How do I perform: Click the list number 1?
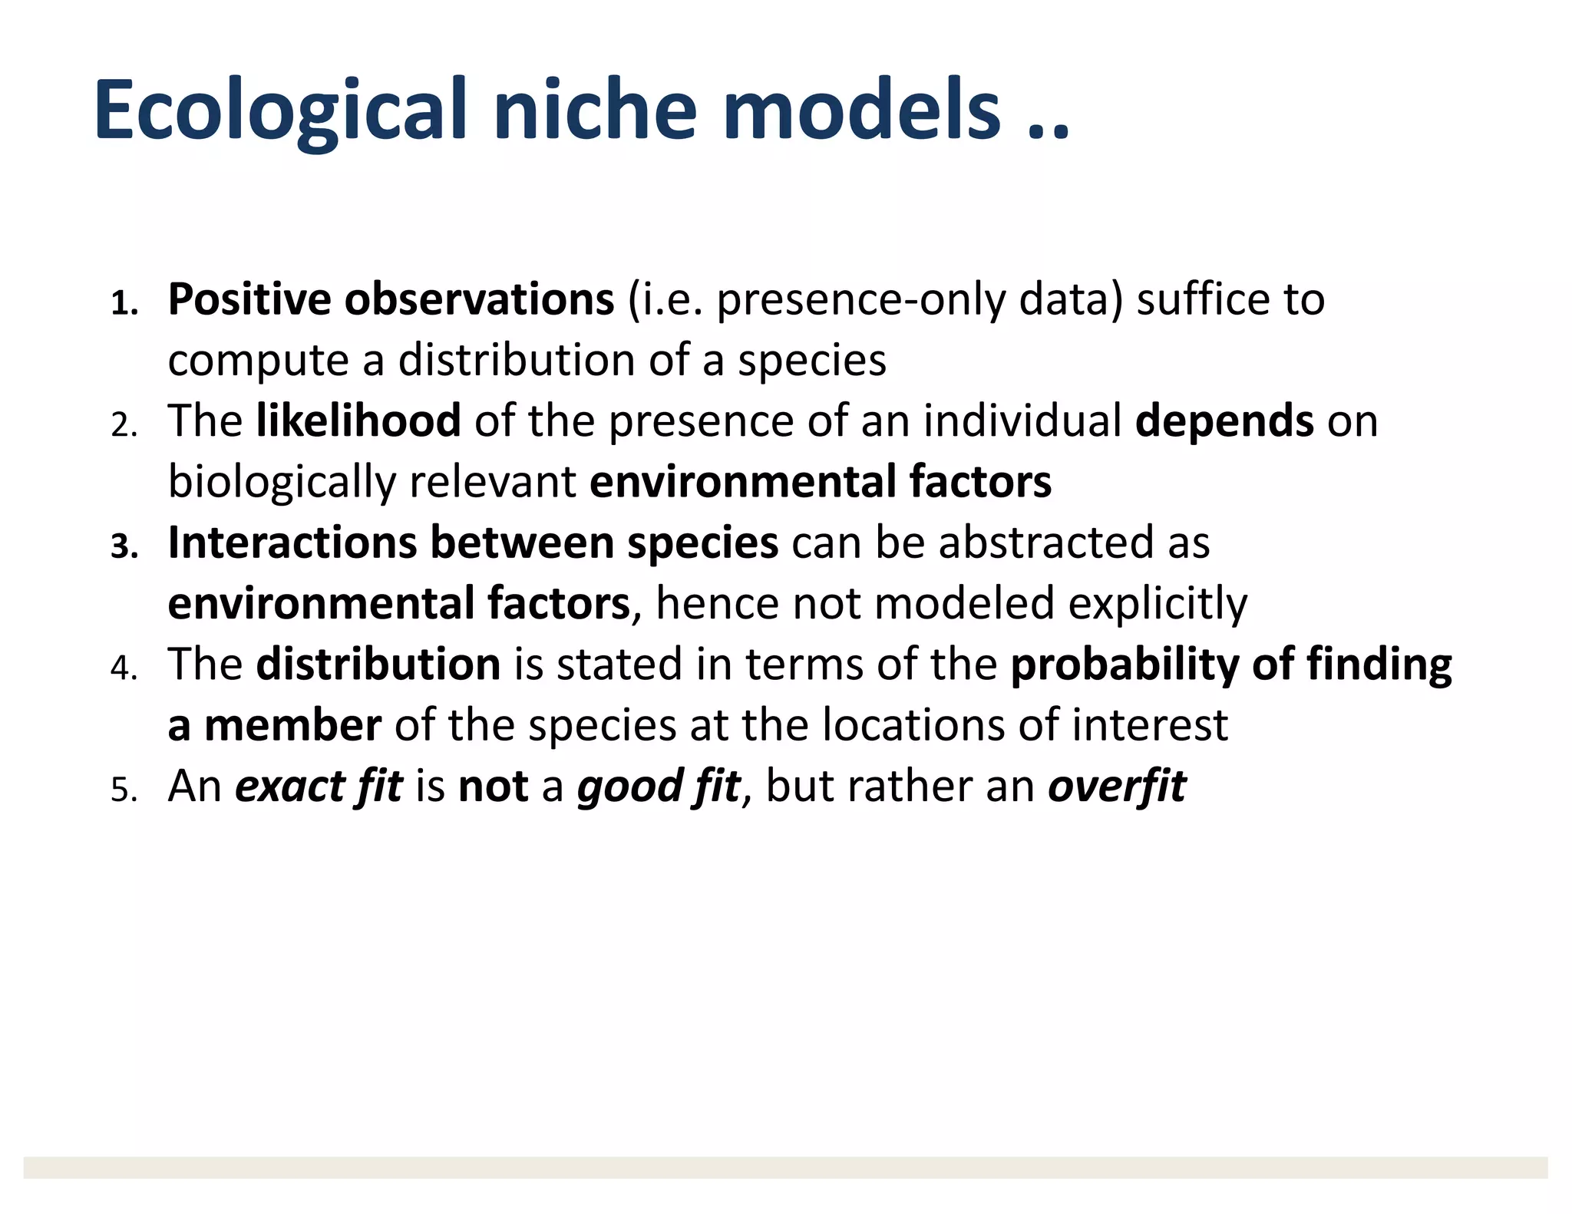[124, 305]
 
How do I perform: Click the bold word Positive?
[249, 299]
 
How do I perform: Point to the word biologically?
[282, 482]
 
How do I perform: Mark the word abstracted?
[1046, 543]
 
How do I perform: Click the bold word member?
[292, 725]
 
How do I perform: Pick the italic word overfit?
[1117, 786]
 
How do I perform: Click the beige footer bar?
[785, 1167]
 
